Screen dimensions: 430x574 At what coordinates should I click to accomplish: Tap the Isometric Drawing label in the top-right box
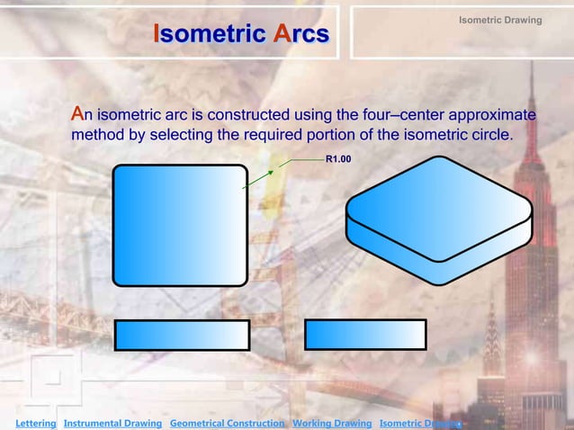500,20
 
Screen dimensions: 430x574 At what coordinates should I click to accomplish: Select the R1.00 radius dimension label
337,159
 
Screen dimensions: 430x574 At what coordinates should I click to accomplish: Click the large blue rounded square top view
179,225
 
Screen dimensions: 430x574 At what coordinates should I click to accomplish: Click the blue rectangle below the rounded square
182,335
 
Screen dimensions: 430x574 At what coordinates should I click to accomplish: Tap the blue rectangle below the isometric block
365,334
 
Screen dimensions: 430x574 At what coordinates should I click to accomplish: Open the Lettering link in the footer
30,423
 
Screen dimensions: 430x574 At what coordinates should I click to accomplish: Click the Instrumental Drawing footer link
112,423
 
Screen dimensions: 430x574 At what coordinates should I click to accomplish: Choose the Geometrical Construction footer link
228,423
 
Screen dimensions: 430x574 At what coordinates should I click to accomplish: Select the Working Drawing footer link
332,423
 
